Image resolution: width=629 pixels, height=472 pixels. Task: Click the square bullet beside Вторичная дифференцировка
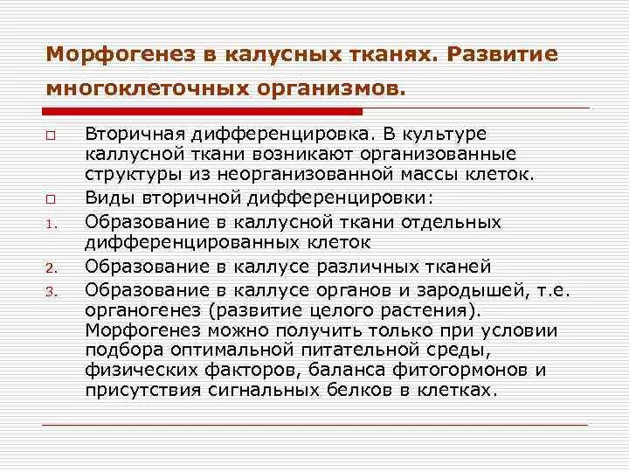[x=50, y=135]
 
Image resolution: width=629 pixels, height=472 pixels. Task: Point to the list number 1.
[x=50, y=223]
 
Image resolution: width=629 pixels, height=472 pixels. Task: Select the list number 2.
[x=50, y=267]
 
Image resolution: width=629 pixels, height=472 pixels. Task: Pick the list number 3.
[x=50, y=288]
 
